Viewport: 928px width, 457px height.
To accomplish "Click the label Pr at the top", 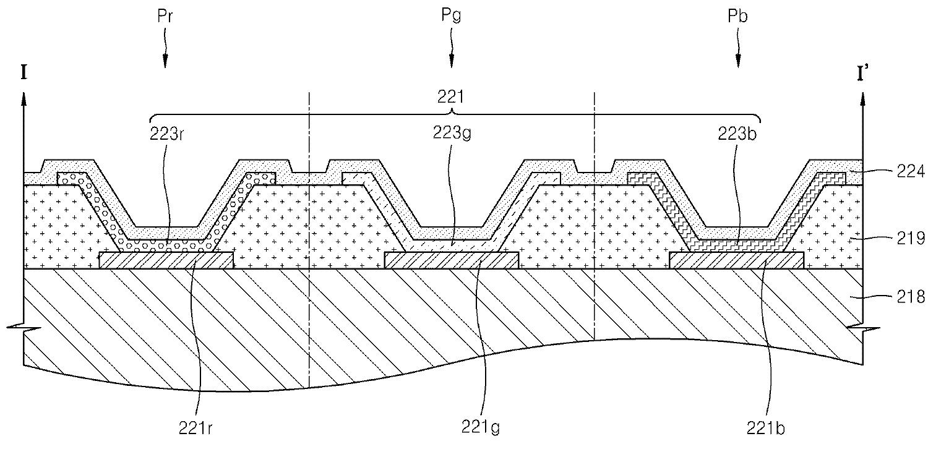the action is (x=165, y=17).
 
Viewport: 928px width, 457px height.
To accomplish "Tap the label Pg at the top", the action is (x=452, y=17).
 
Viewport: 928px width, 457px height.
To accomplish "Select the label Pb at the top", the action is (x=738, y=17).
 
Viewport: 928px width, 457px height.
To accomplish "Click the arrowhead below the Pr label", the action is (x=165, y=61).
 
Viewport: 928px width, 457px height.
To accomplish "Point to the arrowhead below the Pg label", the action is (x=452, y=61).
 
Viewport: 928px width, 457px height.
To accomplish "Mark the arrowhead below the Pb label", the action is (x=738, y=61).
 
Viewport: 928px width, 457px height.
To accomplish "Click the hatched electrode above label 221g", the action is (x=452, y=260).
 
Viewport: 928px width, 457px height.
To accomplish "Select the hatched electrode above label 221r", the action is (x=166, y=260).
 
